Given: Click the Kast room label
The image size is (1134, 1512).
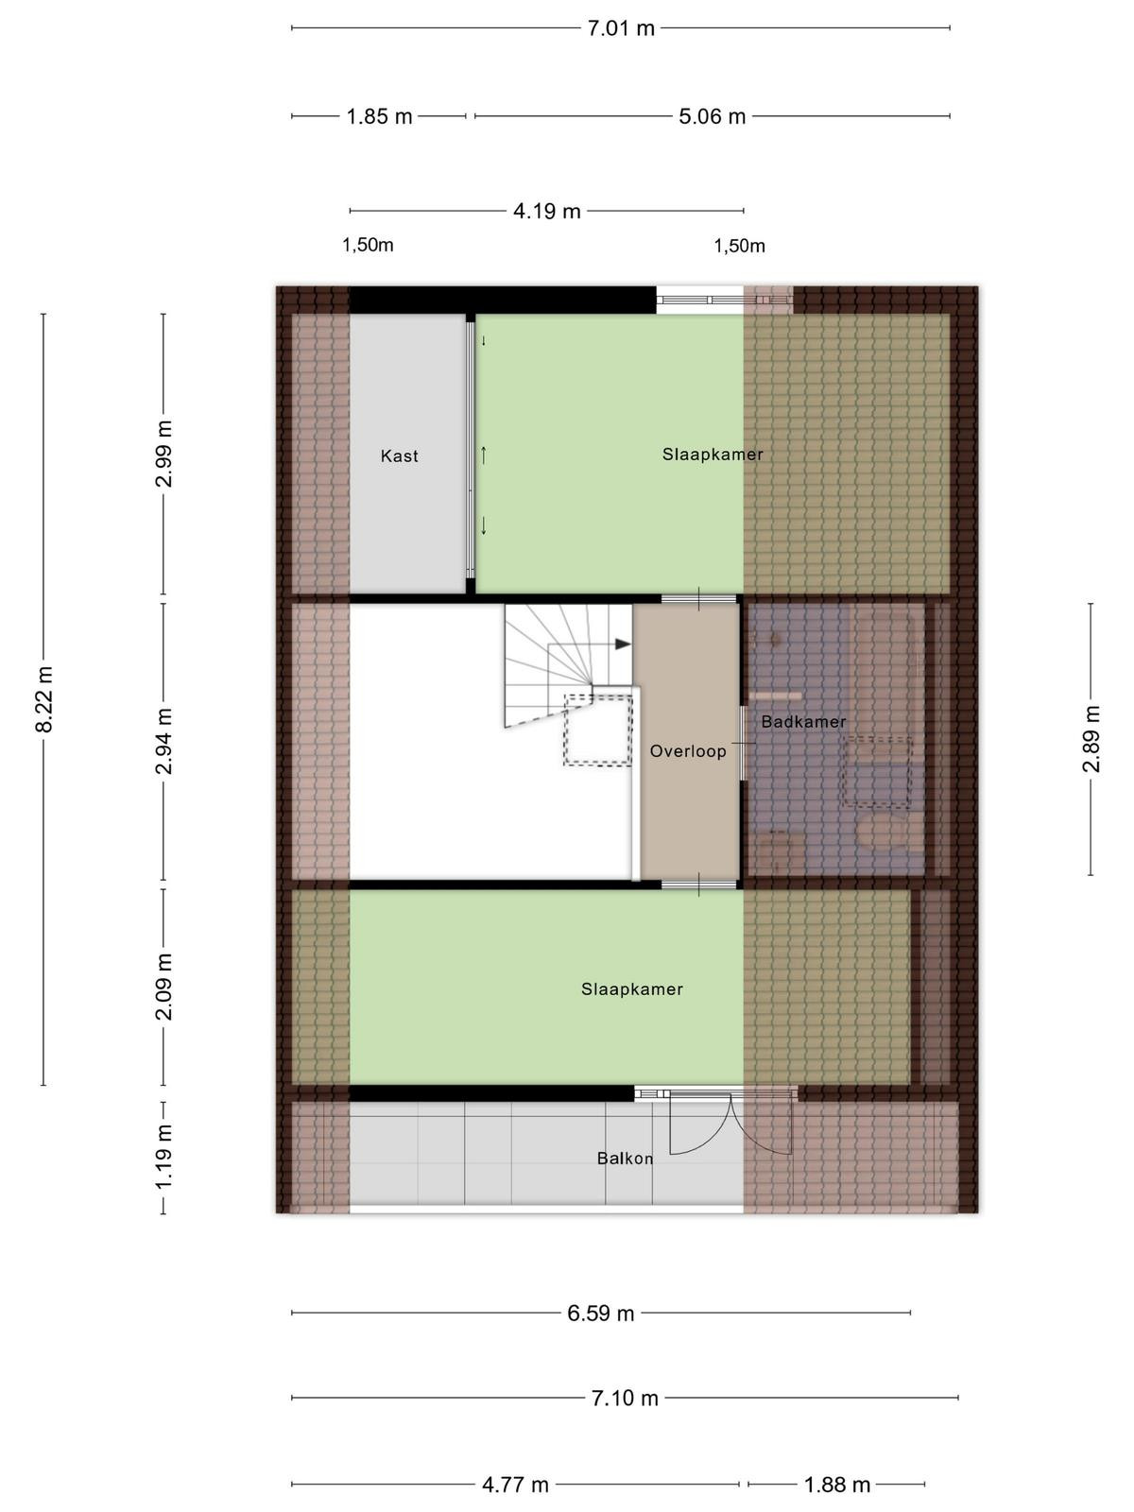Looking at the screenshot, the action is click(x=400, y=456).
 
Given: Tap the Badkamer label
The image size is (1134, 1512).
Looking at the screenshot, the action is click(x=803, y=722).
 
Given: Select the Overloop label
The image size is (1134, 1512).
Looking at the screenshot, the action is click(x=688, y=751).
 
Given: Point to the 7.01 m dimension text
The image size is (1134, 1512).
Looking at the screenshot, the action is click(x=621, y=28).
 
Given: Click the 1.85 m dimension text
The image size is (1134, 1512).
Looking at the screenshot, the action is click(x=379, y=116).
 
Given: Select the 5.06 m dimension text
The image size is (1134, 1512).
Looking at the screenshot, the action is click(x=713, y=116).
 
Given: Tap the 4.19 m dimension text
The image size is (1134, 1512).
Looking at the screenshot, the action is click(x=547, y=211).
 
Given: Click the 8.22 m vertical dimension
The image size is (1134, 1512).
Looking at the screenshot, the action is click(x=44, y=699).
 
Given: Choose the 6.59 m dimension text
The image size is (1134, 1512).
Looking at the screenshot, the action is click(x=601, y=1313).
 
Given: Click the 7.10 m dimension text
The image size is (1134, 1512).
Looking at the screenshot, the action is click(x=626, y=1398).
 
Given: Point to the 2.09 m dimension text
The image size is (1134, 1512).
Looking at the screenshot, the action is click(x=163, y=988).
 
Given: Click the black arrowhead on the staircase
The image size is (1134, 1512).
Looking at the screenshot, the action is click(x=623, y=644).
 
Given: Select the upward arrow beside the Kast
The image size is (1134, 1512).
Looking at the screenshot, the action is click(x=483, y=455).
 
